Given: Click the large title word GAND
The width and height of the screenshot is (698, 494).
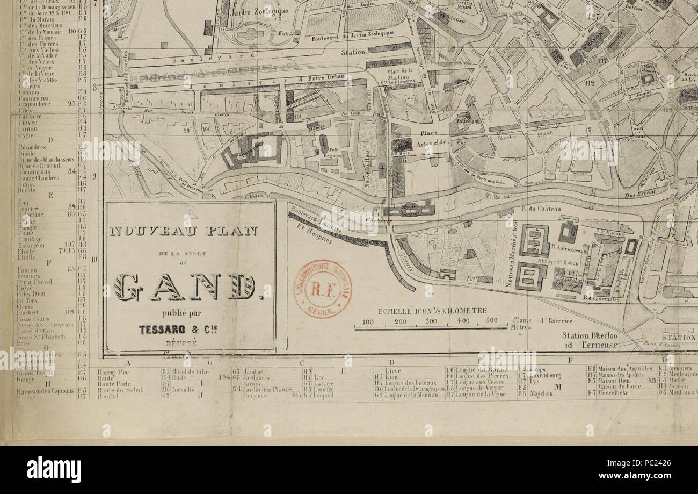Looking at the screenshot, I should [185, 288].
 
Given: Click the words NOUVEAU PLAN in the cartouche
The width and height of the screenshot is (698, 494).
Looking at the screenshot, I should [183, 231].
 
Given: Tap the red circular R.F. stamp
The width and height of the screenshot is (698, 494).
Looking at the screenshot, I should [322, 289].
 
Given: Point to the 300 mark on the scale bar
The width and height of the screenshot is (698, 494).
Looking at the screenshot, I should [431, 321].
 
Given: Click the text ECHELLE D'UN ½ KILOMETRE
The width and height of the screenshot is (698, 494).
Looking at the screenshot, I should [432, 311].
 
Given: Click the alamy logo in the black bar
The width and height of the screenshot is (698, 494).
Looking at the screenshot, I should [54, 469].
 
